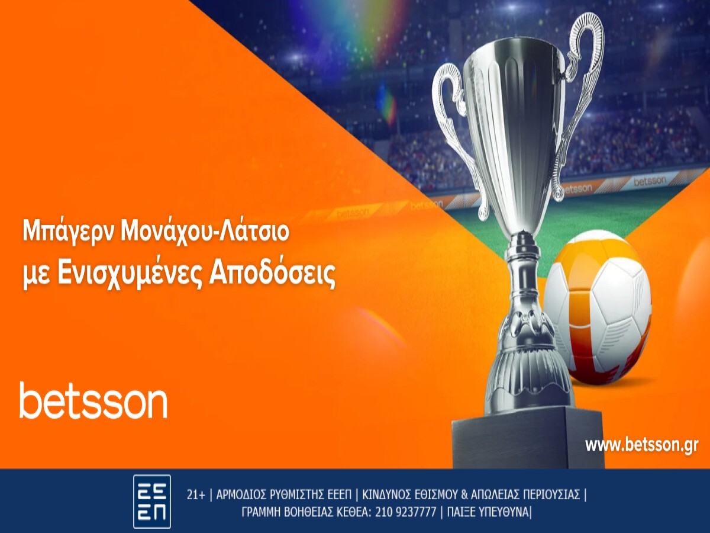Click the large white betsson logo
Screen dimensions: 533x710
[x=93, y=401]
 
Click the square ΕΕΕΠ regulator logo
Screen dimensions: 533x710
[x=152, y=501]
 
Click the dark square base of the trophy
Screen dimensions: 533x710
[x=527, y=438]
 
